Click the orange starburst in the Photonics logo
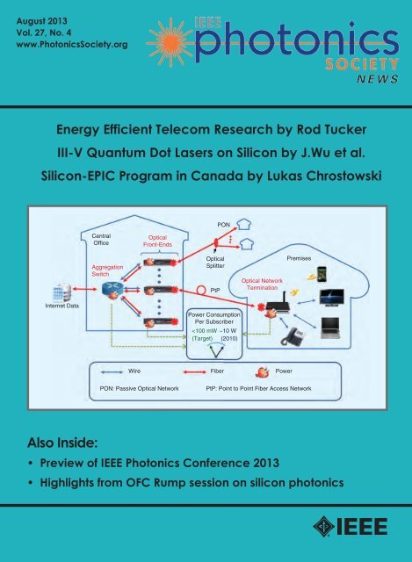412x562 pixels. point(170,43)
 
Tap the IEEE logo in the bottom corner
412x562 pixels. point(351,527)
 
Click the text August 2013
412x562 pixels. point(41,21)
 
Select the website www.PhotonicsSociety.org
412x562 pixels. point(72,45)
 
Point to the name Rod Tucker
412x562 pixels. point(331,129)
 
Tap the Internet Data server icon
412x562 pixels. point(61,292)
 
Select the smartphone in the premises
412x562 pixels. point(322,274)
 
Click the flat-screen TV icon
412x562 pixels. point(332,298)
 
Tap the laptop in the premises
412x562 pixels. point(330,328)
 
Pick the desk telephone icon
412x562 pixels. point(293,337)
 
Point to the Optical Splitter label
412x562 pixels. point(215,262)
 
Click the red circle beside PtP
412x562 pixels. point(202,290)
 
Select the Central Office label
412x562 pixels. point(101,240)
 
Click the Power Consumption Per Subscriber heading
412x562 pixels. point(214,318)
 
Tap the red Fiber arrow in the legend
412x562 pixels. point(195,372)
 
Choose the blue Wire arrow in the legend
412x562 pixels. point(112,372)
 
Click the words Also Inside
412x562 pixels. point(62,443)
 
